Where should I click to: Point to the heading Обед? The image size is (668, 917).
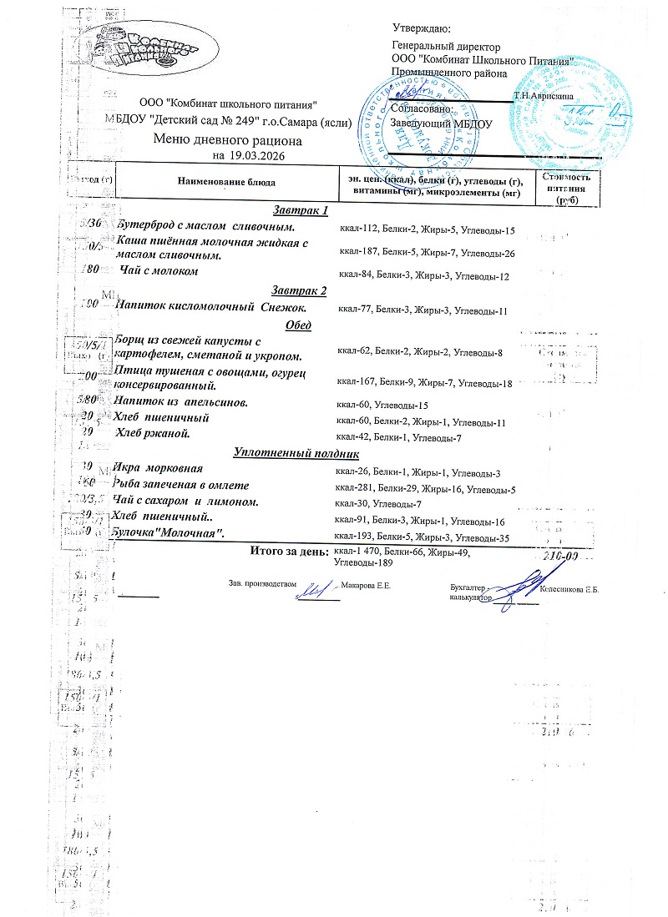pyautogui.click(x=298, y=325)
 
